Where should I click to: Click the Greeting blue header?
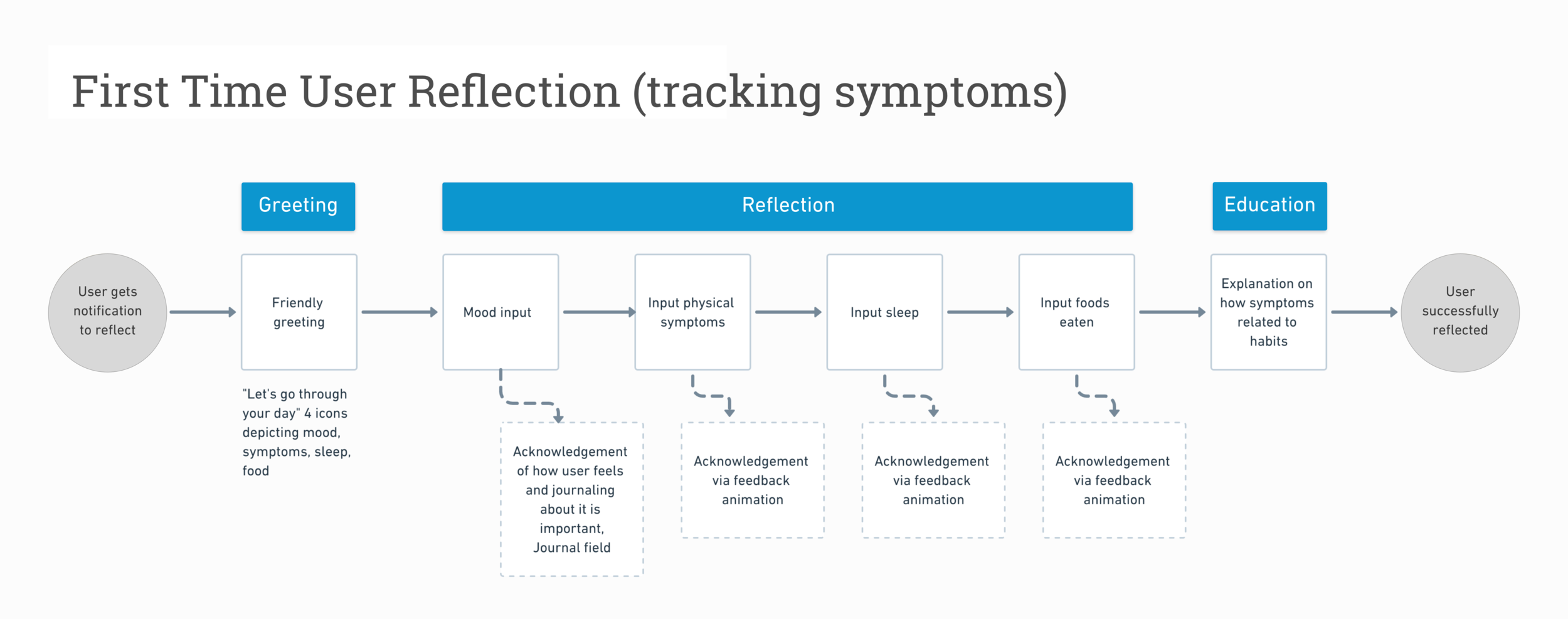[298, 206]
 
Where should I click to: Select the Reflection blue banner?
[787, 206]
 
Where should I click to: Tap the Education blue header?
[1269, 206]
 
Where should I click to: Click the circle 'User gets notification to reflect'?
[107, 312]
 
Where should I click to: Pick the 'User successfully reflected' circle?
[1459, 312]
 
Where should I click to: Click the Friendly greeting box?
[299, 312]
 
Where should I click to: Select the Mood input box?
[500, 312]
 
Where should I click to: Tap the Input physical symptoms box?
[692, 312]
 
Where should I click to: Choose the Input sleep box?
[884, 312]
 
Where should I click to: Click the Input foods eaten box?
[1076, 312]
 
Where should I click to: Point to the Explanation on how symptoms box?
[1268, 312]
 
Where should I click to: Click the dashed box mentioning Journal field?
[571, 499]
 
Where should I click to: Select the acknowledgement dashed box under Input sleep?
[933, 480]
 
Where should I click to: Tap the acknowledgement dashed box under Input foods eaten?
[1113, 480]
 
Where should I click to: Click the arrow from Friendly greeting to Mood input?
[399, 312]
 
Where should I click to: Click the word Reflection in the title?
[514, 92]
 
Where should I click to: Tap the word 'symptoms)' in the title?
[950, 93]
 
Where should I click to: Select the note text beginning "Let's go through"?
[296, 432]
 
